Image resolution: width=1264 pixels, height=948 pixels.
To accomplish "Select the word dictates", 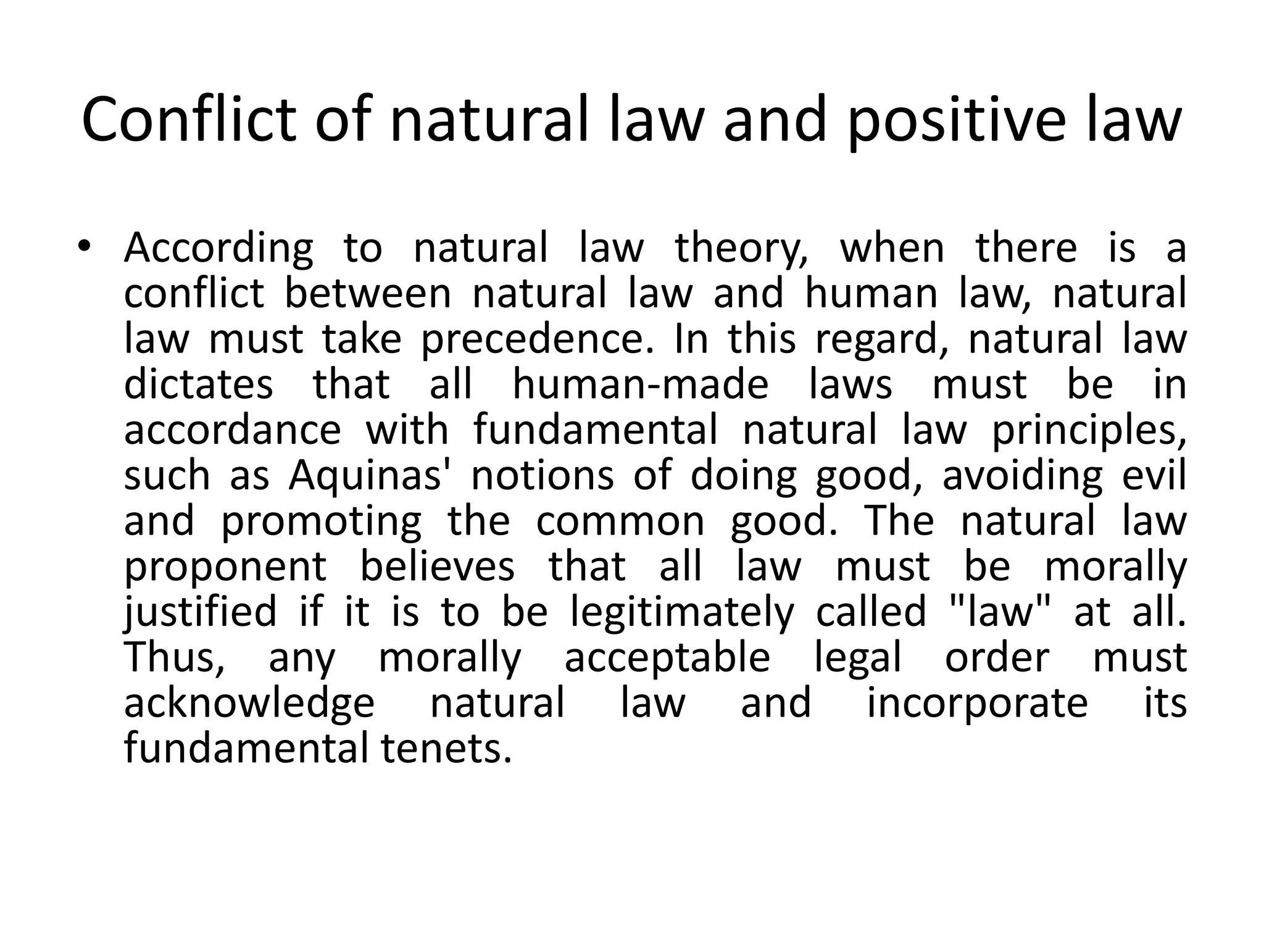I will click(x=198, y=384).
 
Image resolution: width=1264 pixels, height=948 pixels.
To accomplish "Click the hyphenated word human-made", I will click(x=640, y=384).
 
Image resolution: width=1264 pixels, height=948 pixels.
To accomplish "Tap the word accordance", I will click(x=232, y=430).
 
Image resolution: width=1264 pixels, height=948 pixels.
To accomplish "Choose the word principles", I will click(x=1089, y=431).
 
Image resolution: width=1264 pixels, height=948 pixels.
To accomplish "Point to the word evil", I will click(x=1157, y=475).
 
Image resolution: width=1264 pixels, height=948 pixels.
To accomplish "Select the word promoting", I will click(x=321, y=522).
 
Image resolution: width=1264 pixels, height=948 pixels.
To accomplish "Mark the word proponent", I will click(x=225, y=568).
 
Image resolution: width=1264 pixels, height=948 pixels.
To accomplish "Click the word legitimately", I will click(x=682, y=612).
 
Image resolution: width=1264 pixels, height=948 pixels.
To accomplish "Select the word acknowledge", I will click(x=249, y=704).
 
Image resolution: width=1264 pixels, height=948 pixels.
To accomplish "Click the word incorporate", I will click(x=977, y=704).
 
